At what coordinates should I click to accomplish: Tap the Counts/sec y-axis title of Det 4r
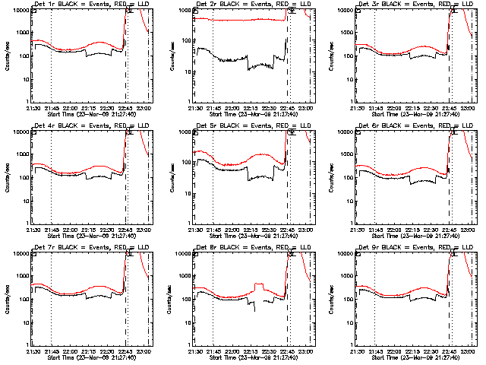(x=6, y=177)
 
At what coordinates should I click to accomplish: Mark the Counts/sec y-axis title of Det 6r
(x=330, y=177)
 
